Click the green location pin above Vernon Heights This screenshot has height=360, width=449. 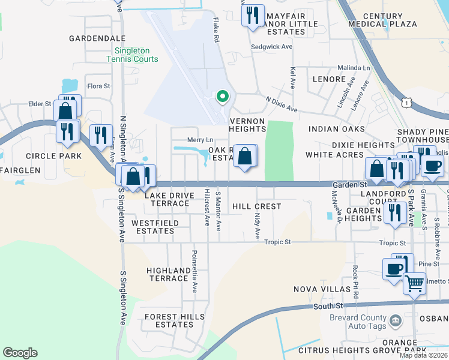click(x=222, y=96)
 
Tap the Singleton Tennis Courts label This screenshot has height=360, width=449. click(x=133, y=55)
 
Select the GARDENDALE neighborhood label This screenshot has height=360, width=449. click(x=97, y=38)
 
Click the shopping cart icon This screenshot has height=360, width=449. click(x=414, y=283)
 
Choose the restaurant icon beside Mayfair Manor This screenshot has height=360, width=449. click(x=253, y=14)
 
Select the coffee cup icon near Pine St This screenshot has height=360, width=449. click(x=395, y=269)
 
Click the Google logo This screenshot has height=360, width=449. click(x=20, y=353)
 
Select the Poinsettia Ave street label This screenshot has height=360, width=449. click(x=194, y=271)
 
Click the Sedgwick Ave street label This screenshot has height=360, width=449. click(x=271, y=46)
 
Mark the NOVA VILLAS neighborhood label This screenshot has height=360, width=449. click(x=322, y=289)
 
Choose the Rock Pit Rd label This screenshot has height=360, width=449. click(x=356, y=283)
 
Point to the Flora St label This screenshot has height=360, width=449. click(x=99, y=86)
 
